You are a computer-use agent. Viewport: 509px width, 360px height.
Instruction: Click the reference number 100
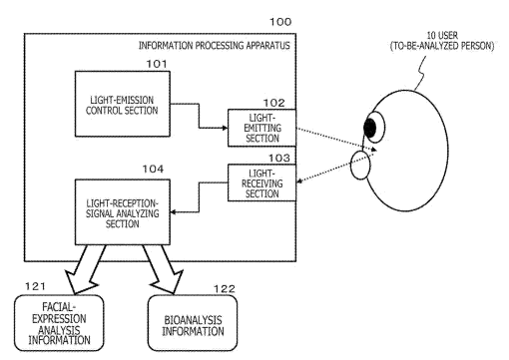pyautogui.click(x=280, y=22)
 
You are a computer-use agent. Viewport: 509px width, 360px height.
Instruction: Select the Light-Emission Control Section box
pyautogui.click(x=123, y=104)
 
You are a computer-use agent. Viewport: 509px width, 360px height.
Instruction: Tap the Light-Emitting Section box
pyautogui.click(x=261, y=128)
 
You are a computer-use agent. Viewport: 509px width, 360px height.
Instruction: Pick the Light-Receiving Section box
pyautogui.click(x=261, y=183)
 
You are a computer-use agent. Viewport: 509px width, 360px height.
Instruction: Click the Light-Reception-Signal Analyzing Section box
pyautogui.click(x=123, y=212)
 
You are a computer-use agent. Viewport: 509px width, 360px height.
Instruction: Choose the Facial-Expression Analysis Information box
pyautogui.click(x=59, y=323)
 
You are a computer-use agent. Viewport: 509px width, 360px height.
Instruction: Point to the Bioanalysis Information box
pyautogui.click(x=193, y=323)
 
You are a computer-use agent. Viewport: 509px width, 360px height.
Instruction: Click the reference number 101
pyautogui.click(x=157, y=64)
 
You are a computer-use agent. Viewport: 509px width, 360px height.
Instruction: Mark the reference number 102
pyautogui.click(x=274, y=103)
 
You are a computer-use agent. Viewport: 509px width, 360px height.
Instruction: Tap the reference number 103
pyautogui.click(x=279, y=158)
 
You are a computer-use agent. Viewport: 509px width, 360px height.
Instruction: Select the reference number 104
pyautogui.click(x=153, y=170)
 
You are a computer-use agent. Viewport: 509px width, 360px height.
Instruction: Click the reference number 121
pyautogui.click(x=35, y=286)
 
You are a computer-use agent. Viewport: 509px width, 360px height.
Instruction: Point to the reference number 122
pyautogui.click(x=225, y=289)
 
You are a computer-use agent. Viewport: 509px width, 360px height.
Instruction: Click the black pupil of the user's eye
pyautogui.click(x=370, y=128)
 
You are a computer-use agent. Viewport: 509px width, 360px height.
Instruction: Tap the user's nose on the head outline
pyautogui.click(x=360, y=166)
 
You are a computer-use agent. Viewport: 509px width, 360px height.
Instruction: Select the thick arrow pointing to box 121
pyautogui.click(x=84, y=268)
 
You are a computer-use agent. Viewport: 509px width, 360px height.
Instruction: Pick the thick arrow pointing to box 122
pyautogui.click(x=164, y=268)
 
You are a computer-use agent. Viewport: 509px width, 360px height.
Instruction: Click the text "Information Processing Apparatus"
pyautogui.click(x=215, y=46)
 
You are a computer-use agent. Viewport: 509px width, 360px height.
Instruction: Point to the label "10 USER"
pyautogui.click(x=442, y=35)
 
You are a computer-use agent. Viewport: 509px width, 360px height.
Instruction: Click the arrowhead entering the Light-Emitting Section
pyautogui.click(x=226, y=128)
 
